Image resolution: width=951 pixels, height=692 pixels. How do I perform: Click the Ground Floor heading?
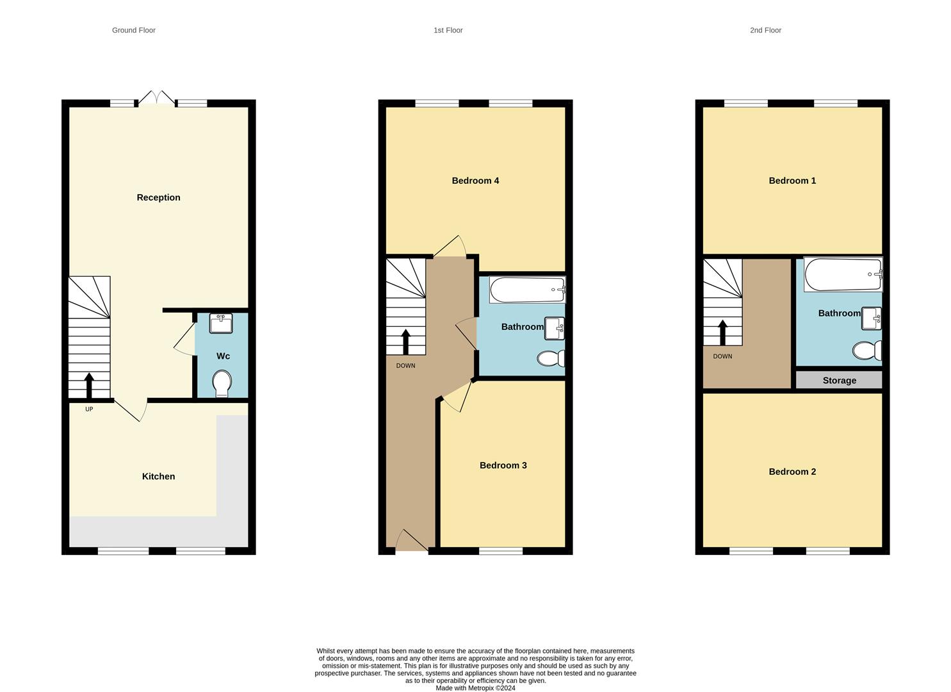click(133, 30)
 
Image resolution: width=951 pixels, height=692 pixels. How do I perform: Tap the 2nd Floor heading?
click(765, 30)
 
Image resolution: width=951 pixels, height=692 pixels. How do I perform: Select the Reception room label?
click(158, 197)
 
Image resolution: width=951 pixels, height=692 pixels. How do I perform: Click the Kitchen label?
click(158, 476)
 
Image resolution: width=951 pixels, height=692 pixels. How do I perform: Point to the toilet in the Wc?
click(222, 383)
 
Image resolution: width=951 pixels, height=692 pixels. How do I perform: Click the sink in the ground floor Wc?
click(221, 324)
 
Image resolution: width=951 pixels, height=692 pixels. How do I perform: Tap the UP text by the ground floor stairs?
click(89, 409)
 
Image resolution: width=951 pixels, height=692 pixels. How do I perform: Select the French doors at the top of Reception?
click(157, 98)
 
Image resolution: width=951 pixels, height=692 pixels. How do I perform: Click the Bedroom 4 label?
click(475, 181)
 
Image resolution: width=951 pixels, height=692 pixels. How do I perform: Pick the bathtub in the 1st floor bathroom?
click(527, 290)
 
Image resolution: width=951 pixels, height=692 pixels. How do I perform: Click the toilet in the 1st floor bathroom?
click(550, 358)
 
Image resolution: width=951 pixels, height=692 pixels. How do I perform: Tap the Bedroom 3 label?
click(503, 465)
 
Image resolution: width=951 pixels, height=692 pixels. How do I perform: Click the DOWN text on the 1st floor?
click(405, 366)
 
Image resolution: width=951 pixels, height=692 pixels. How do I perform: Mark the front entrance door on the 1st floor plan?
click(411, 542)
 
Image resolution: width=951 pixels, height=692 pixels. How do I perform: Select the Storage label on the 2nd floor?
click(839, 381)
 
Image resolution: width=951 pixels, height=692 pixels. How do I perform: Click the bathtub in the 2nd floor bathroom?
click(843, 274)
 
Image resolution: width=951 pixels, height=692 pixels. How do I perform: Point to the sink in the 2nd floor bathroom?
click(871, 318)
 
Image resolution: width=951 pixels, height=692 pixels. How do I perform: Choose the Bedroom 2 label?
click(792, 472)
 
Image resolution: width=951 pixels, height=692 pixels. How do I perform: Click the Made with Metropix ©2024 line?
click(475, 688)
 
